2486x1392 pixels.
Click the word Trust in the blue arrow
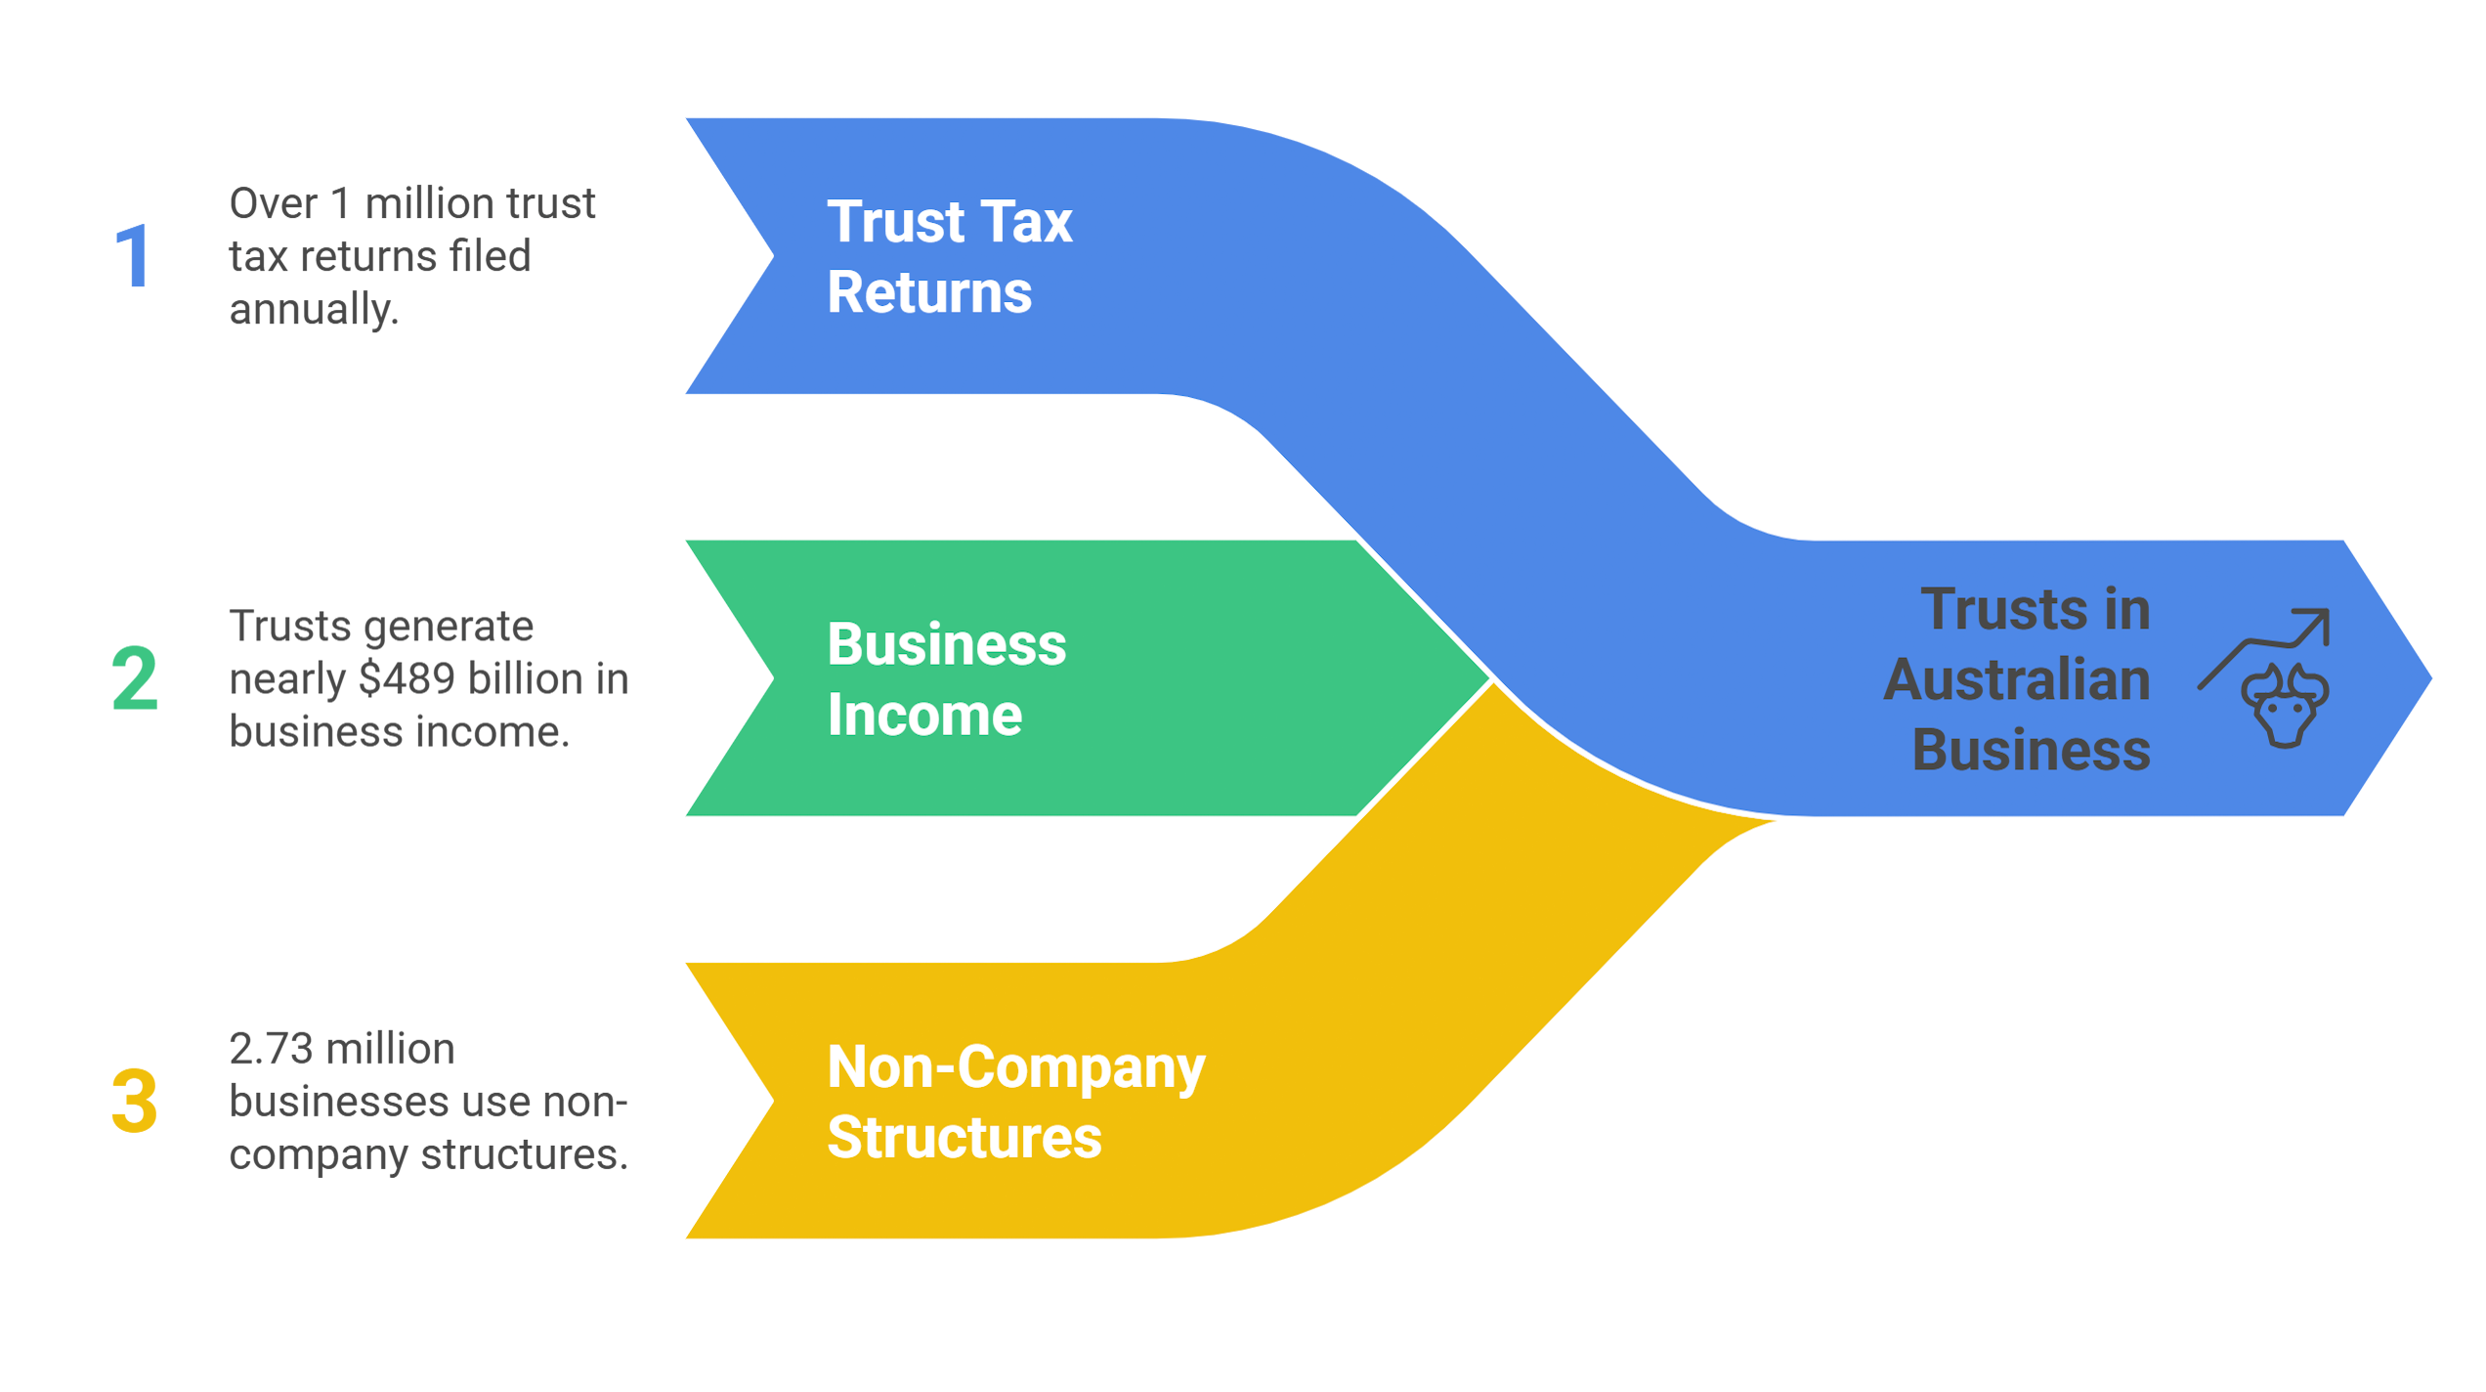pyautogui.click(x=887, y=222)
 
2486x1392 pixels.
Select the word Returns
pyautogui.click(x=929, y=293)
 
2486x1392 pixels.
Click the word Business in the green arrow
pyautogui.click(x=946, y=645)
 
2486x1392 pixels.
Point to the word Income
pyautogui.click(x=924, y=716)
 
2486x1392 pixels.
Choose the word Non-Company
pyautogui.click(x=1015, y=1068)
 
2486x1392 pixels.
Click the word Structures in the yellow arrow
pyautogui.click(x=964, y=1138)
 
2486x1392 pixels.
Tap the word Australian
pyautogui.click(x=2017, y=680)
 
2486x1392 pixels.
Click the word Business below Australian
pyautogui.click(x=2031, y=751)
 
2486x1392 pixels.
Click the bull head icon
pyautogui.click(x=2285, y=706)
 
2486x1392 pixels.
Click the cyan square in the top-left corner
pyautogui.click(x=59, y=115)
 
